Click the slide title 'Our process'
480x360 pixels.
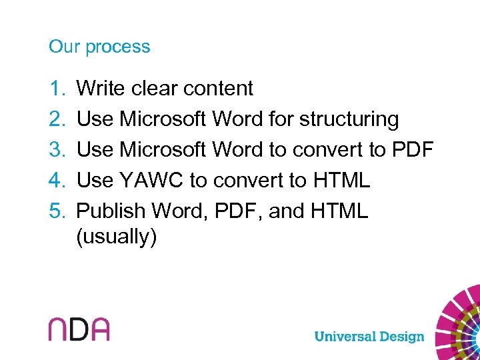(99, 47)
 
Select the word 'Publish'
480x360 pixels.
(111, 211)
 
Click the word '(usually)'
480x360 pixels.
(117, 237)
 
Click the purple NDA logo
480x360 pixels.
(79, 329)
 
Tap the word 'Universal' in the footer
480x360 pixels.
(343, 336)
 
